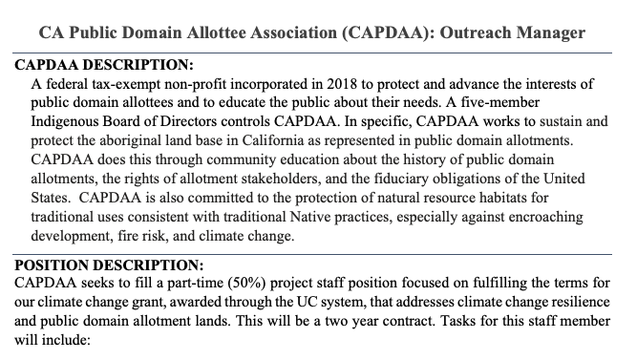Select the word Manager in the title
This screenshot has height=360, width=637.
(x=553, y=32)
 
